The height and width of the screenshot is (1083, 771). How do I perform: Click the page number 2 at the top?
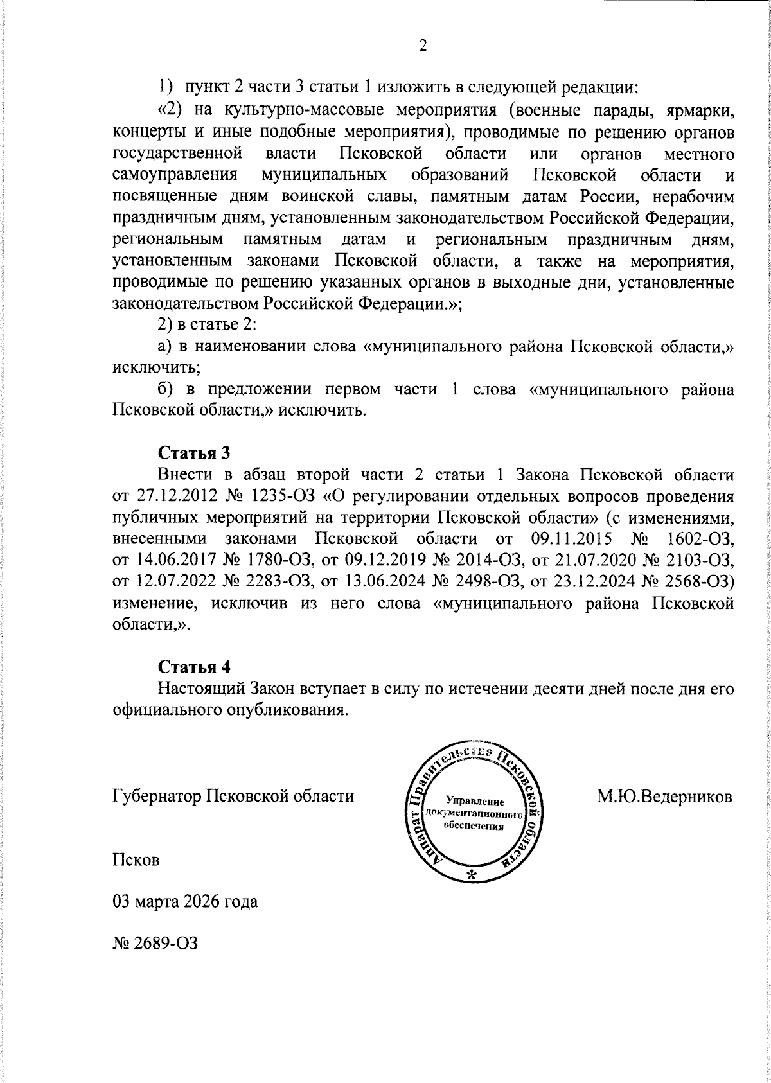tap(422, 46)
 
